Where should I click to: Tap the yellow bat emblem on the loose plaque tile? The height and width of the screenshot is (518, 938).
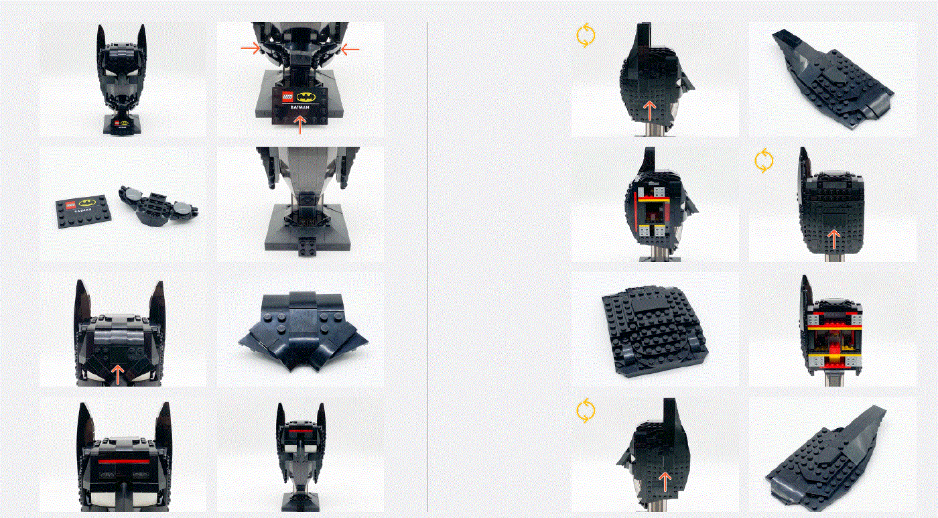pos(86,202)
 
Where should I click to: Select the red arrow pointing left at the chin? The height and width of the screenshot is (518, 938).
pos(350,49)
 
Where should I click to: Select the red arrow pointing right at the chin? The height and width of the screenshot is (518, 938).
pos(251,48)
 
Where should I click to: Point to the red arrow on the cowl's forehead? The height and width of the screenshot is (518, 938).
pos(118,373)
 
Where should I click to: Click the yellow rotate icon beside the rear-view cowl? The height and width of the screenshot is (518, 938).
pos(764,161)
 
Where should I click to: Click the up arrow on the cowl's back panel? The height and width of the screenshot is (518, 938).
pos(833,239)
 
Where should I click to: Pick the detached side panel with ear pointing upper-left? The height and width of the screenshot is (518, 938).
pos(831,78)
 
